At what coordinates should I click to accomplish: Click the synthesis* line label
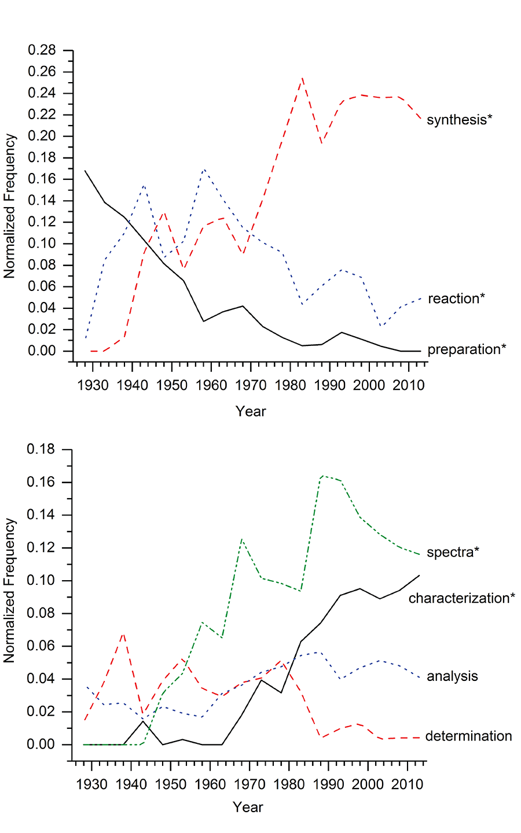[459, 120]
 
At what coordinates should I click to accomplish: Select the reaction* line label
[456, 298]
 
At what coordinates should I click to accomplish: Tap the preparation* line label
[467, 349]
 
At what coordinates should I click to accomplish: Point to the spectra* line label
[453, 552]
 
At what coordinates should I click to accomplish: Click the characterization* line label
[461, 598]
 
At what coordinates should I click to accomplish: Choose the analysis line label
[452, 676]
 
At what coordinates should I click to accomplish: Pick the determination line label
[468, 736]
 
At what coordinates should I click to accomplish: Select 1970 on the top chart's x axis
[251, 385]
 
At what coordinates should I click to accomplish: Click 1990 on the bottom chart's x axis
[328, 784]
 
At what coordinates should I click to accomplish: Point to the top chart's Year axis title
[251, 411]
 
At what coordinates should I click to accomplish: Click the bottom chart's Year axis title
[248, 807]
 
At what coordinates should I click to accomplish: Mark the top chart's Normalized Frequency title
[10, 207]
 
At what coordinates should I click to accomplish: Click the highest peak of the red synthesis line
[302, 77]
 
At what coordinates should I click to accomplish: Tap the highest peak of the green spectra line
[321, 476]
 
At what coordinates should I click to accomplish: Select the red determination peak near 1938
[123, 633]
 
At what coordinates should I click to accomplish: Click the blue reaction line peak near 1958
[204, 169]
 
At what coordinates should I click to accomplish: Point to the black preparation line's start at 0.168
[85, 171]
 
